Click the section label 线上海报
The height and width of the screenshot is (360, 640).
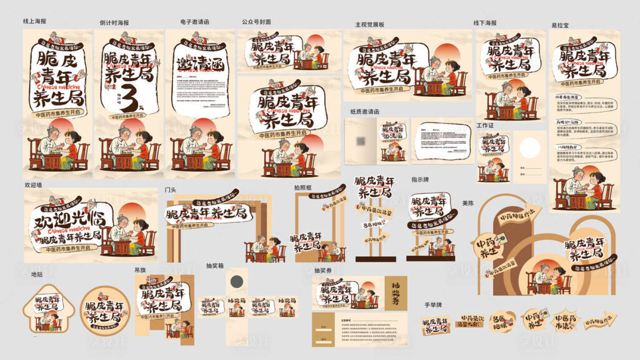click(x=35, y=21)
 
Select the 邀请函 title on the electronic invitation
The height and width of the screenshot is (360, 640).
click(x=200, y=64)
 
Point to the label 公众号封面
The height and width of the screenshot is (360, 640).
click(x=256, y=21)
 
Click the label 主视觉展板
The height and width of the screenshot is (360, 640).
click(x=370, y=25)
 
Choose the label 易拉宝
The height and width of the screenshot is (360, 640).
click(x=560, y=25)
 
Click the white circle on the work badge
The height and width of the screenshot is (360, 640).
click(x=530, y=148)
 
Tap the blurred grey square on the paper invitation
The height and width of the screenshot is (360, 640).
click(x=361, y=141)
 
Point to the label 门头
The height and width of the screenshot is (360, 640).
click(x=171, y=190)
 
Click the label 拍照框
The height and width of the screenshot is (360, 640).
click(x=303, y=188)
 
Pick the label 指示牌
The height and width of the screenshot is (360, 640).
click(x=420, y=180)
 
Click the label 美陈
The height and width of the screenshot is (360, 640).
click(x=468, y=203)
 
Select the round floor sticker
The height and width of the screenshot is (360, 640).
click(x=105, y=310)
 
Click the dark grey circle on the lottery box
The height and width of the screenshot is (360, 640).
click(x=237, y=282)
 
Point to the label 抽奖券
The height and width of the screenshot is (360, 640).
click(x=323, y=271)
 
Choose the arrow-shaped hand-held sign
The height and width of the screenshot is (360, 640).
click(x=601, y=321)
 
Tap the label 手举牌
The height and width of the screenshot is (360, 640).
click(x=433, y=305)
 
